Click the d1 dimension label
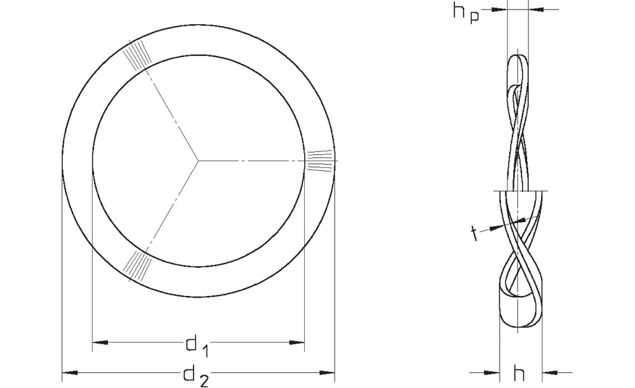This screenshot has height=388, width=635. (x=197, y=346)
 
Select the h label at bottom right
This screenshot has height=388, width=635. (x=519, y=373)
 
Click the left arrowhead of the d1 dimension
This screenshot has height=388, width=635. (x=100, y=343)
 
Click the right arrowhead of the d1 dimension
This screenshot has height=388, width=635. (x=297, y=343)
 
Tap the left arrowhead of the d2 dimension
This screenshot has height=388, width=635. (x=70, y=372)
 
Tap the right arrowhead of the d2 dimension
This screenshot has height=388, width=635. (x=327, y=372)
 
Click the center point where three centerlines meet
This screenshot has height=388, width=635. (x=198, y=161)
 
